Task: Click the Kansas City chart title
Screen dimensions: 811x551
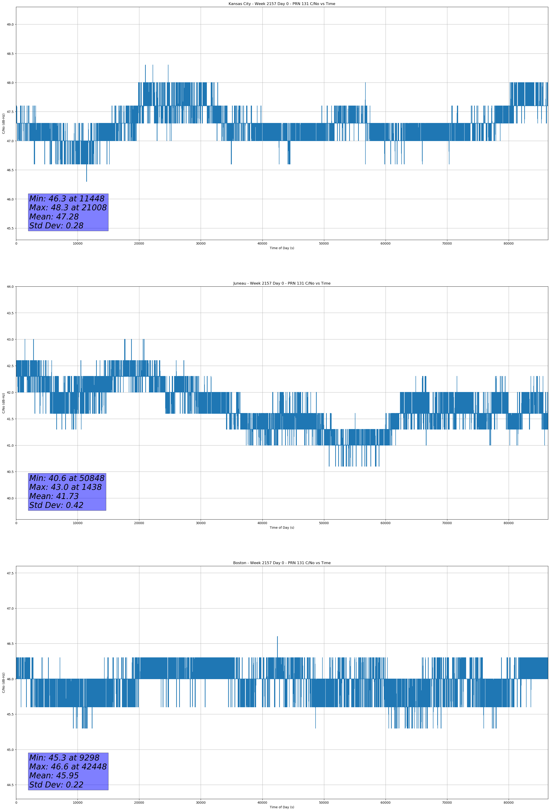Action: (x=282, y=4)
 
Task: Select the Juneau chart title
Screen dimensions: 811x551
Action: (x=282, y=283)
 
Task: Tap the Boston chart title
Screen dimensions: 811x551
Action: (x=282, y=563)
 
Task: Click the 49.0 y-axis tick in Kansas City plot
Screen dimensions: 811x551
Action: (x=10, y=24)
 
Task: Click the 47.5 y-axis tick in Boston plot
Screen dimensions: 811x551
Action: (x=10, y=573)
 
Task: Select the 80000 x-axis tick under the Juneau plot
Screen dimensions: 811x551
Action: (x=508, y=523)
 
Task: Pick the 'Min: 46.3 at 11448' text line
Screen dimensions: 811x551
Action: (x=67, y=199)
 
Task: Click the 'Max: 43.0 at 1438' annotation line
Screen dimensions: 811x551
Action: (x=65, y=487)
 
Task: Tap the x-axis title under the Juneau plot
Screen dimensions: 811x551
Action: (x=282, y=528)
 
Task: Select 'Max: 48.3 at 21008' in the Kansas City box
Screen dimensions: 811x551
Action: (x=68, y=208)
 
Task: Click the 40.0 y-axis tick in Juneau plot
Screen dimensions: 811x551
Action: (x=10, y=498)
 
